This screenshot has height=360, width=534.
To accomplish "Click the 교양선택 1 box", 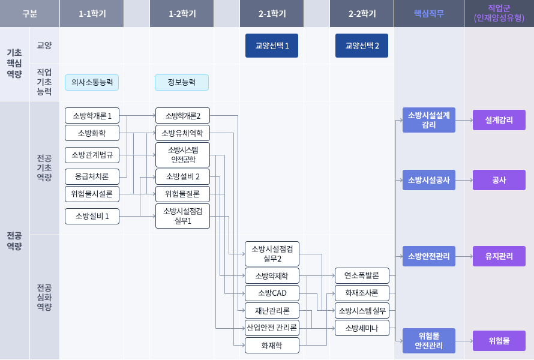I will coord(272,46).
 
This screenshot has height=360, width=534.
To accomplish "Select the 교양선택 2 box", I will coord(362,46).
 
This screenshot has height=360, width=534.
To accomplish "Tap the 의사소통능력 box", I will coord(92,82).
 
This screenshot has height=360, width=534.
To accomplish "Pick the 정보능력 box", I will coord(182,82).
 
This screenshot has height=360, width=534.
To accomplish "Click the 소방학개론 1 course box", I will coord(92,116).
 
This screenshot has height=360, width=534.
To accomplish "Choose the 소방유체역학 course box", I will coord(182,133).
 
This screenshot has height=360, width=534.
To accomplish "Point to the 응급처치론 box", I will coord(92,177).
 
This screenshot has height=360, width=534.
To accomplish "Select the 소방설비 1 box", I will coord(92,216).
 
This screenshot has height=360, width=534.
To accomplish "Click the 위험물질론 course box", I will coord(182,194).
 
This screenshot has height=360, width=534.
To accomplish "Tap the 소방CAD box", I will coord(272,293).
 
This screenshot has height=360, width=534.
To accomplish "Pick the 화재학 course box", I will coord(272,346).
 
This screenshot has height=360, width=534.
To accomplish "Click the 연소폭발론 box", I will coord(362,276).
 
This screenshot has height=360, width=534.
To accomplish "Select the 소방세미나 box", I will coord(362,328).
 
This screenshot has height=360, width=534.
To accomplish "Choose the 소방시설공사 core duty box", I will coord(429,180).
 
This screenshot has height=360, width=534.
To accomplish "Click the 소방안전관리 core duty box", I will coord(429,256).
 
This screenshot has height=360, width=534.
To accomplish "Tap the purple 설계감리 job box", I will coord(499,120).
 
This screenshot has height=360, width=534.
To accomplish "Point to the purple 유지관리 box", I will coord(499,256).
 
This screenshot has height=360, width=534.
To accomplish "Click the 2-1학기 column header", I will coord(272,13).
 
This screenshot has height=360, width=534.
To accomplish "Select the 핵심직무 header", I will coord(429,13).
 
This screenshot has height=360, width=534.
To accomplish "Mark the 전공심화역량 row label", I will coord(44,298).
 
